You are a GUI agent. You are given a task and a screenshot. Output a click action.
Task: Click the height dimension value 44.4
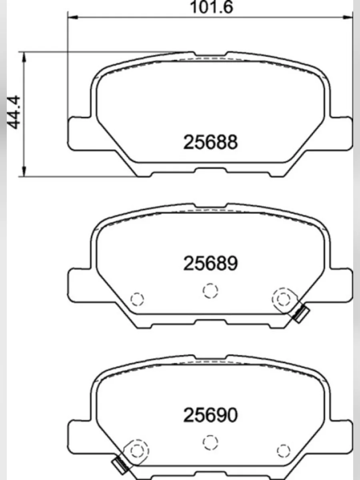coord(15,114)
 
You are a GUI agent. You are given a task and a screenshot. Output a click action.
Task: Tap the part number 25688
coord(210,142)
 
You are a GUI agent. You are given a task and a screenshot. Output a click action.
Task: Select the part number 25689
coord(210,263)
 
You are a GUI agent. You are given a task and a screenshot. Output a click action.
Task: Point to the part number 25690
coord(210,415)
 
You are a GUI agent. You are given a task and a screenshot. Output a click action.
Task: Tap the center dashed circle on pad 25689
coord(210,290)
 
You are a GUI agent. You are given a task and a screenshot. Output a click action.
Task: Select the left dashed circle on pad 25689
coord(137,298)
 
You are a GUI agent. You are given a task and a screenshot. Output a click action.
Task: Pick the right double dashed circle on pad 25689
coord(284,298)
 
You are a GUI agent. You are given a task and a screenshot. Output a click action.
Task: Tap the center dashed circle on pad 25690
coord(210,442)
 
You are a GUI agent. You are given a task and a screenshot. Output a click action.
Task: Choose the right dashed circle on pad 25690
coord(284,450)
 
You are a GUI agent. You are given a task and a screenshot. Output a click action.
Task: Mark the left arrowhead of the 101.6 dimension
coord(72,17)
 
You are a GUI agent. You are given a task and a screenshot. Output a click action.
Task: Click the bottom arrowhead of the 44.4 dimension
coord(25,172)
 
